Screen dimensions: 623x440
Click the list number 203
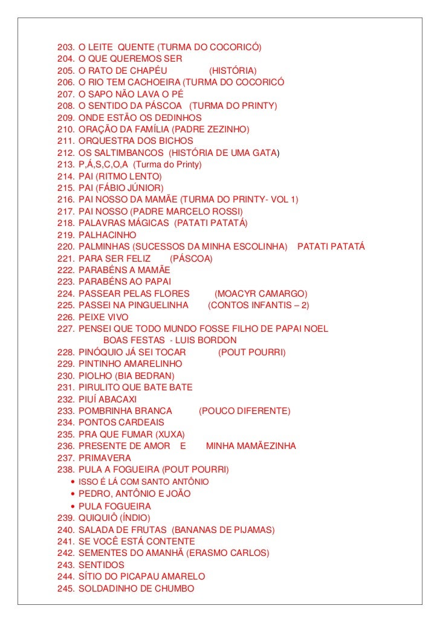click(65, 47)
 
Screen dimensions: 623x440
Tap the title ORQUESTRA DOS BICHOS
click(136, 141)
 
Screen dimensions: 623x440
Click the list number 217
click(65, 211)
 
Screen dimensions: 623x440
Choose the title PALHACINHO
click(108, 234)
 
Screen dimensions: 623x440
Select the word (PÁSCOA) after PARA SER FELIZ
click(192, 258)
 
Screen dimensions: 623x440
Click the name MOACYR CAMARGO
click(261, 293)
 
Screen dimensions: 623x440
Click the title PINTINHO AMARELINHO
click(130, 364)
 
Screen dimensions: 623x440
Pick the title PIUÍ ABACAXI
click(108, 399)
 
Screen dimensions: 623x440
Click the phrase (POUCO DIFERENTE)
click(244, 411)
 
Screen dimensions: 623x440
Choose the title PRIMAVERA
click(105, 457)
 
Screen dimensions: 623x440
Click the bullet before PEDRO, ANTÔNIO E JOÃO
click(73, 494)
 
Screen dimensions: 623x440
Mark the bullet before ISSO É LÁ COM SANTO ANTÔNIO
click(73, 482)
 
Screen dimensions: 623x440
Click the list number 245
click(65, 588)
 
